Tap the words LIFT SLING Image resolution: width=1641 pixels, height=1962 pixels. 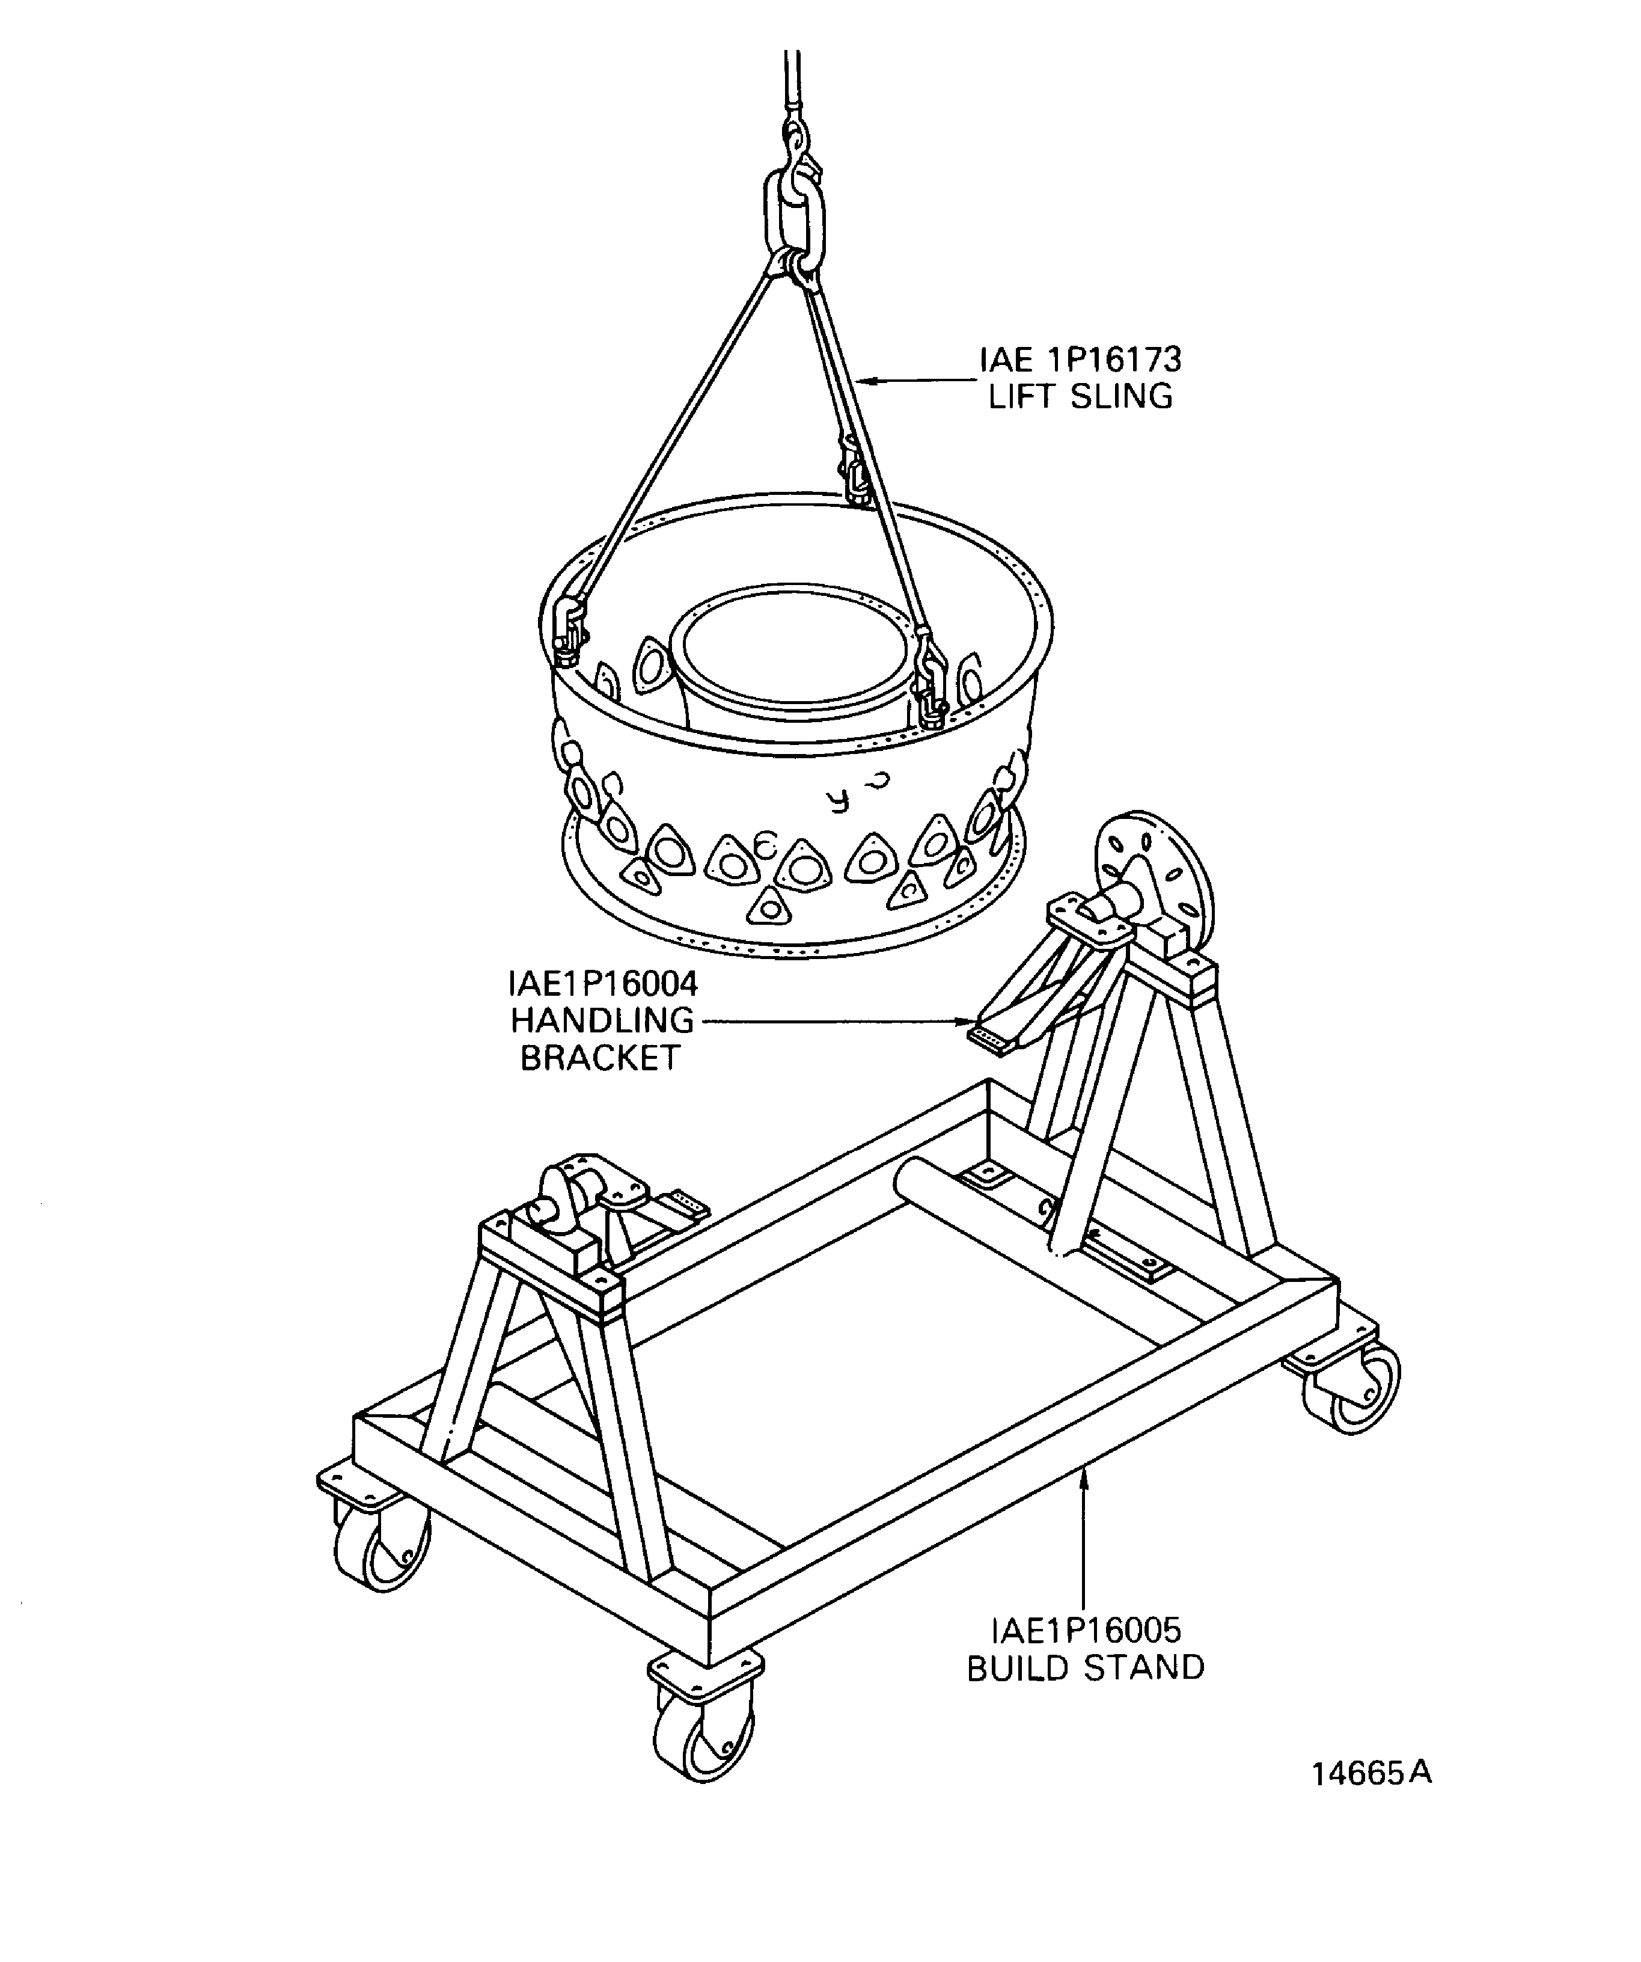(x=1081, y=397)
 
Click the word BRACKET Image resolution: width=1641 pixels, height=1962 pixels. (x=600, y=1058)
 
